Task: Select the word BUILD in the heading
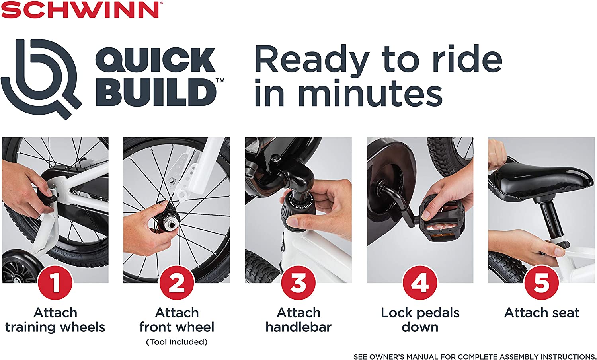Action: coord(156,92)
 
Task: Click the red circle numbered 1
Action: coord(55,283)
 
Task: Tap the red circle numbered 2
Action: coord(177,283)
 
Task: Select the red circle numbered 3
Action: coord(298,283)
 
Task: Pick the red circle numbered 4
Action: coord(420,283)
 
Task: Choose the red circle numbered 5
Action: coord(541,283)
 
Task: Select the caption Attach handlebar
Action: coord(298,320)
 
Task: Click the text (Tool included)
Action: coord(177,342)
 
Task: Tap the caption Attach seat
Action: coord(542,313)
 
